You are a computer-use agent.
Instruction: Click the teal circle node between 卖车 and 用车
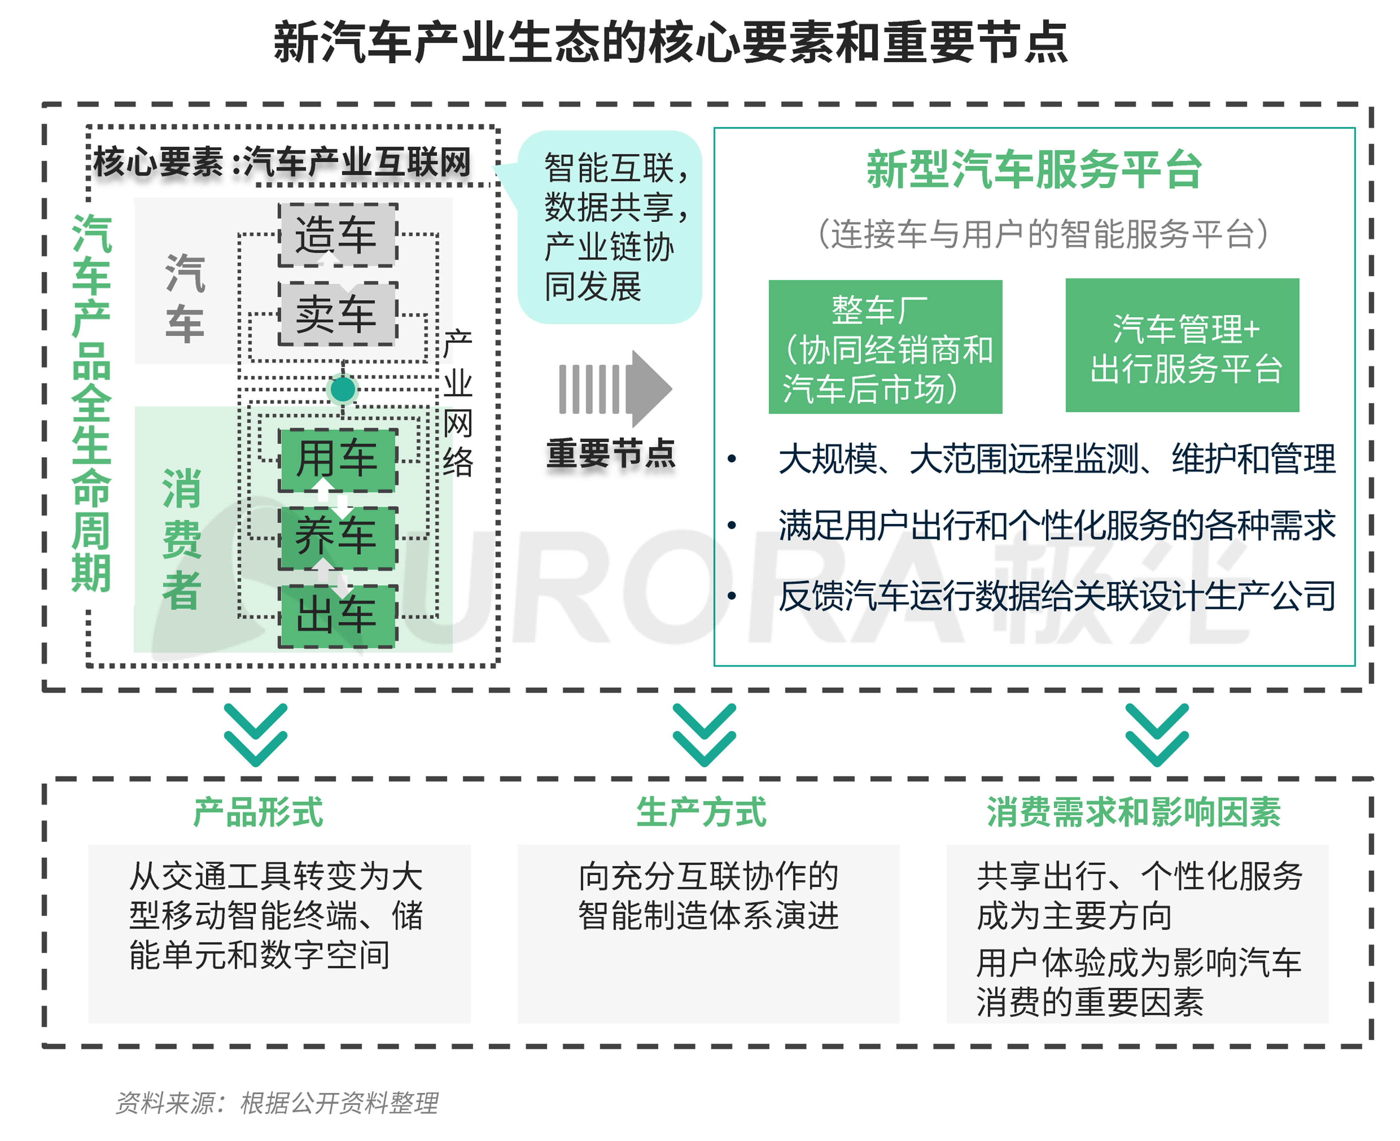point(342,389)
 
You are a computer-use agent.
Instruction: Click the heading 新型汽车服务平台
point(1034,170)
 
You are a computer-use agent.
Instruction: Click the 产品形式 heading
point(258,812)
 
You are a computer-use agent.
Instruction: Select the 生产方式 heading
point(701,812)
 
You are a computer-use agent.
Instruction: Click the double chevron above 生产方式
point(703,735)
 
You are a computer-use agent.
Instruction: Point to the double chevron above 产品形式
point(255,735)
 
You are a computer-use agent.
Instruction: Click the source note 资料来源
point(277,1102)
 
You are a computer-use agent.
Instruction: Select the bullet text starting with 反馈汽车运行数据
point(1056,596)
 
